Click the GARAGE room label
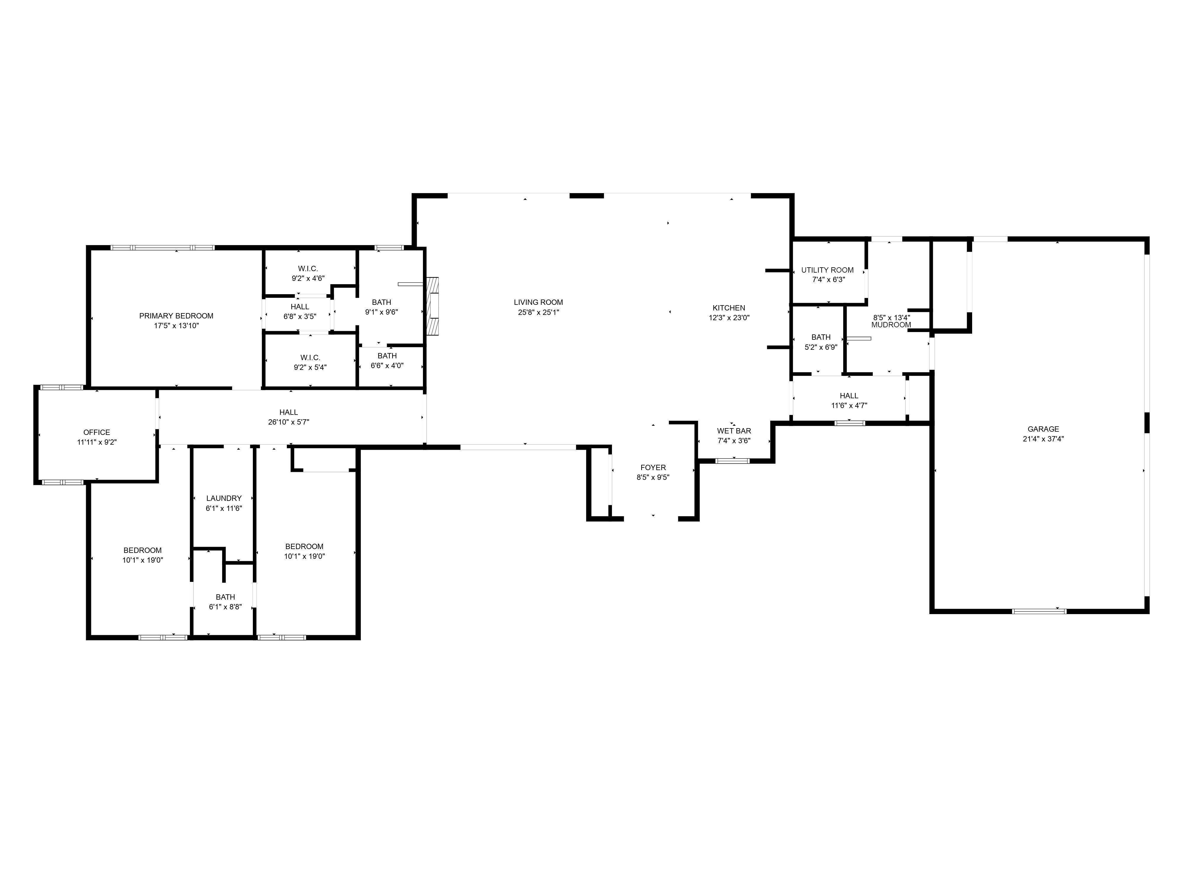[1043, 429]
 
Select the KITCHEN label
[728, 308]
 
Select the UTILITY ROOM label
[827, 270]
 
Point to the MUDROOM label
[891, 325]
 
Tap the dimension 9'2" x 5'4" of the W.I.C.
[310, 367]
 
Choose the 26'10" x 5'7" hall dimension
[288, 422]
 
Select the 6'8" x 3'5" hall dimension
[300, 317]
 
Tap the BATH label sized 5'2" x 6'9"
[821, 337]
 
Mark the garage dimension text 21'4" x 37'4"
[1043, 439]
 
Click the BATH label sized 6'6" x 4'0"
[387, 356]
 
